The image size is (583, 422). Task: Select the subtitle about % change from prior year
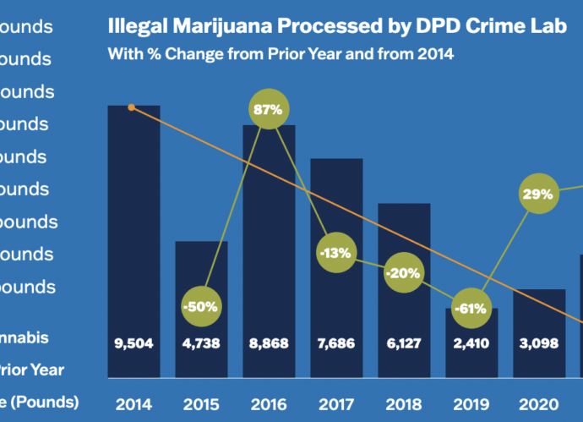pyautogui.click(x=281, y=55)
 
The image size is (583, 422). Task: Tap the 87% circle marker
pyautogui.click(x=270, y=109)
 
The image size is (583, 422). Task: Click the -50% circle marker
pyautogui.click(x=201, y=305)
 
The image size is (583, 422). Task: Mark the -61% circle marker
pyautogui.click(x=471, y=309)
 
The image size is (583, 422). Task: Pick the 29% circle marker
pyautogui.click(x=537, y=194)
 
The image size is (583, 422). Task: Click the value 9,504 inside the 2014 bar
pyautogui.click(x=133, y=344)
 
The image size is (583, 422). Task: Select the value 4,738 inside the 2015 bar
pyautogui.click(x=201, y=344)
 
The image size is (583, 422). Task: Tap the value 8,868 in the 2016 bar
pyautogui.click(x=270, y=344)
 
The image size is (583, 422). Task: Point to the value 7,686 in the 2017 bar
pyautogui.click(x=337, y=344)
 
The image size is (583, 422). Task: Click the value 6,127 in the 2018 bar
pyautogui.click(x=404, y=344)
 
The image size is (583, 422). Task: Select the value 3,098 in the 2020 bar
pyautogui.click(x=539, y=344)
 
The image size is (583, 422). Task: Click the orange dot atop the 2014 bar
pyautogui.click(x=131, y=107)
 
